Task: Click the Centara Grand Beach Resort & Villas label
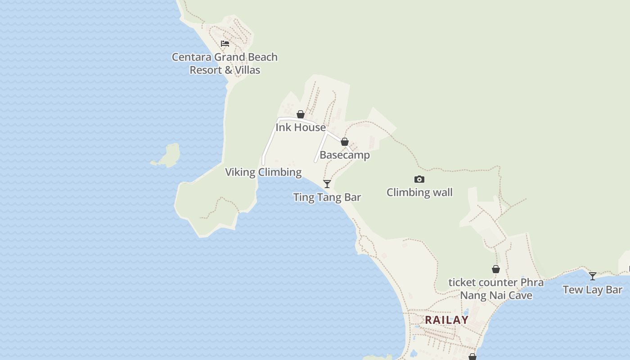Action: click(x=225, y=63)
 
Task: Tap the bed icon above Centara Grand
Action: click(x=225, y=44)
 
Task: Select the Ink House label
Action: click(x=301, y=127)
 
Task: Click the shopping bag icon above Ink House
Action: click(x=301, y=114)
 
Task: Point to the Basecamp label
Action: click(x=345, y=155)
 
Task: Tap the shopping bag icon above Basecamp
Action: click(x=345, y=142)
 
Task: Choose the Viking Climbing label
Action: click(x=263, y=172)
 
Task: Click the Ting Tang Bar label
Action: click(x=327, y=197)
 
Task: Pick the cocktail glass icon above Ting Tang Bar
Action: click(x=327, y=184)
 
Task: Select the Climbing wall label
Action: click(x=419, y=193)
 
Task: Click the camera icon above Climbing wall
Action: click(x=419, y=179)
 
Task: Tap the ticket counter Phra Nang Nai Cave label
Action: click(x=496, y=289)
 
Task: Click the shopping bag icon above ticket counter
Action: click(x=496, y=269)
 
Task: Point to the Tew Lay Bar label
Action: click(x=593, y=290)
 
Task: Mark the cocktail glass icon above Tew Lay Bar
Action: click(x=593, y=276)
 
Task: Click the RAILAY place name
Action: click(x=447, y=320)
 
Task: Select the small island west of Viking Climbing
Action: click(x=168, y=156)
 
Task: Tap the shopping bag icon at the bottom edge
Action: click(x=472, y=357)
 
